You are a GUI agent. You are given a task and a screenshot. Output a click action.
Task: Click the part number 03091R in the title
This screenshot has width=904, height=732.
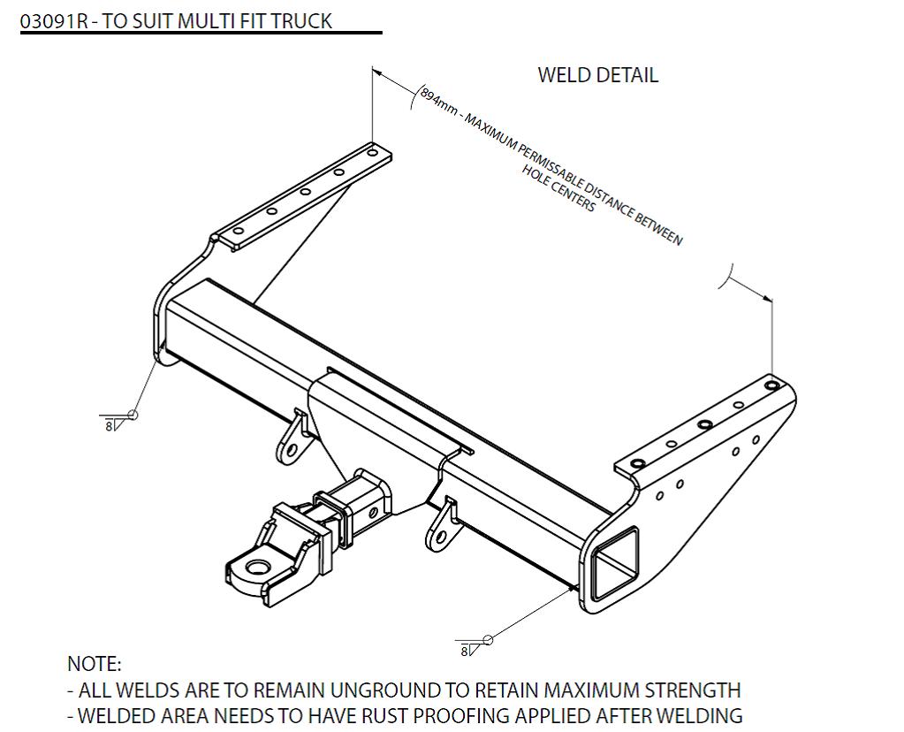pos(54,21)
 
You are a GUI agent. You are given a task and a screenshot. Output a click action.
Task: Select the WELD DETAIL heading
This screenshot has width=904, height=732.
pos(597,75)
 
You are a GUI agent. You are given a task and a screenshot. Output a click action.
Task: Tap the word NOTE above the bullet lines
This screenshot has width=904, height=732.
pos(94,664)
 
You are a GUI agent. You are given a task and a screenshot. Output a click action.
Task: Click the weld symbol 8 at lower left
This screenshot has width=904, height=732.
pos(110,425)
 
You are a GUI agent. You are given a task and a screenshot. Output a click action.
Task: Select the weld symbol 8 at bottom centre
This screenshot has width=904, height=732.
pos(465,651)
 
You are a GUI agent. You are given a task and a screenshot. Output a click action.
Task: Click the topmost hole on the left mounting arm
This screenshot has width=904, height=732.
pos(372,153)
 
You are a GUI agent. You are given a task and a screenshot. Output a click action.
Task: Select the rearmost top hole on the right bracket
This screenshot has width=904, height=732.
pos(771,385)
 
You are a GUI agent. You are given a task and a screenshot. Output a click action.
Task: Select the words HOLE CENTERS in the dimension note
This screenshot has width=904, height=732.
pos(558,187)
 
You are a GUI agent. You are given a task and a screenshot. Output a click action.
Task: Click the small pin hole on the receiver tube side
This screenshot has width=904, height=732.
pos(374,511)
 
